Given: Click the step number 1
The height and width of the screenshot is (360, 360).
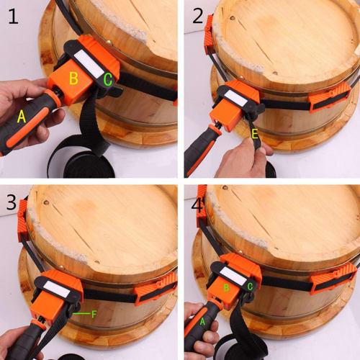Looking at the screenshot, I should click(12, 17).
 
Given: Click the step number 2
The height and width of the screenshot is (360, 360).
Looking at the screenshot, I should click(196, 17).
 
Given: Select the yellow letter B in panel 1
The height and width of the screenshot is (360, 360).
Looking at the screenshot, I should click(72, 77).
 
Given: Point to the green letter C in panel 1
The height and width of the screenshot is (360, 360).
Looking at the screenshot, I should click(107, 80).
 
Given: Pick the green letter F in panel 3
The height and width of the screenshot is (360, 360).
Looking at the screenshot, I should click(94, 314).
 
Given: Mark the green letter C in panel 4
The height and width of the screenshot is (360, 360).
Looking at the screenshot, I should click(250, 286).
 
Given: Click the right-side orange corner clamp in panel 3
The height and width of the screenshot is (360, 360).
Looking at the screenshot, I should click(155, 290).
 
